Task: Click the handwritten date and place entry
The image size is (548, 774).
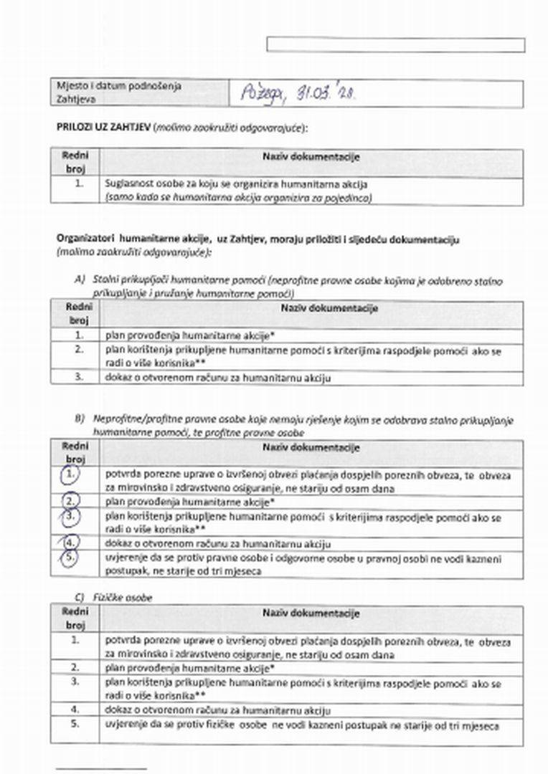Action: click(298, 93)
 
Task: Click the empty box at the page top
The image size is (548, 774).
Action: click(395, 45)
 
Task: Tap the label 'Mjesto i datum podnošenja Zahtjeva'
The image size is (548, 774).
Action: click(119, 93)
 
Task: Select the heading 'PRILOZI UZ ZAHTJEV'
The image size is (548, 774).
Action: click(102, 128)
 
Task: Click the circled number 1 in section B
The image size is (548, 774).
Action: click(70, 474)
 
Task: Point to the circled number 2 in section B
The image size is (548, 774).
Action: click(70, 500)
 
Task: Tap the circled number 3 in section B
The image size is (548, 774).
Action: click(70, 516)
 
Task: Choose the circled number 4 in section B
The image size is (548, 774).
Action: click(70, 543)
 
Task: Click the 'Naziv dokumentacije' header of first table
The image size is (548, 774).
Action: click(311, 156)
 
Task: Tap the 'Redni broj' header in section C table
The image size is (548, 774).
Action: click(75, 618)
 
